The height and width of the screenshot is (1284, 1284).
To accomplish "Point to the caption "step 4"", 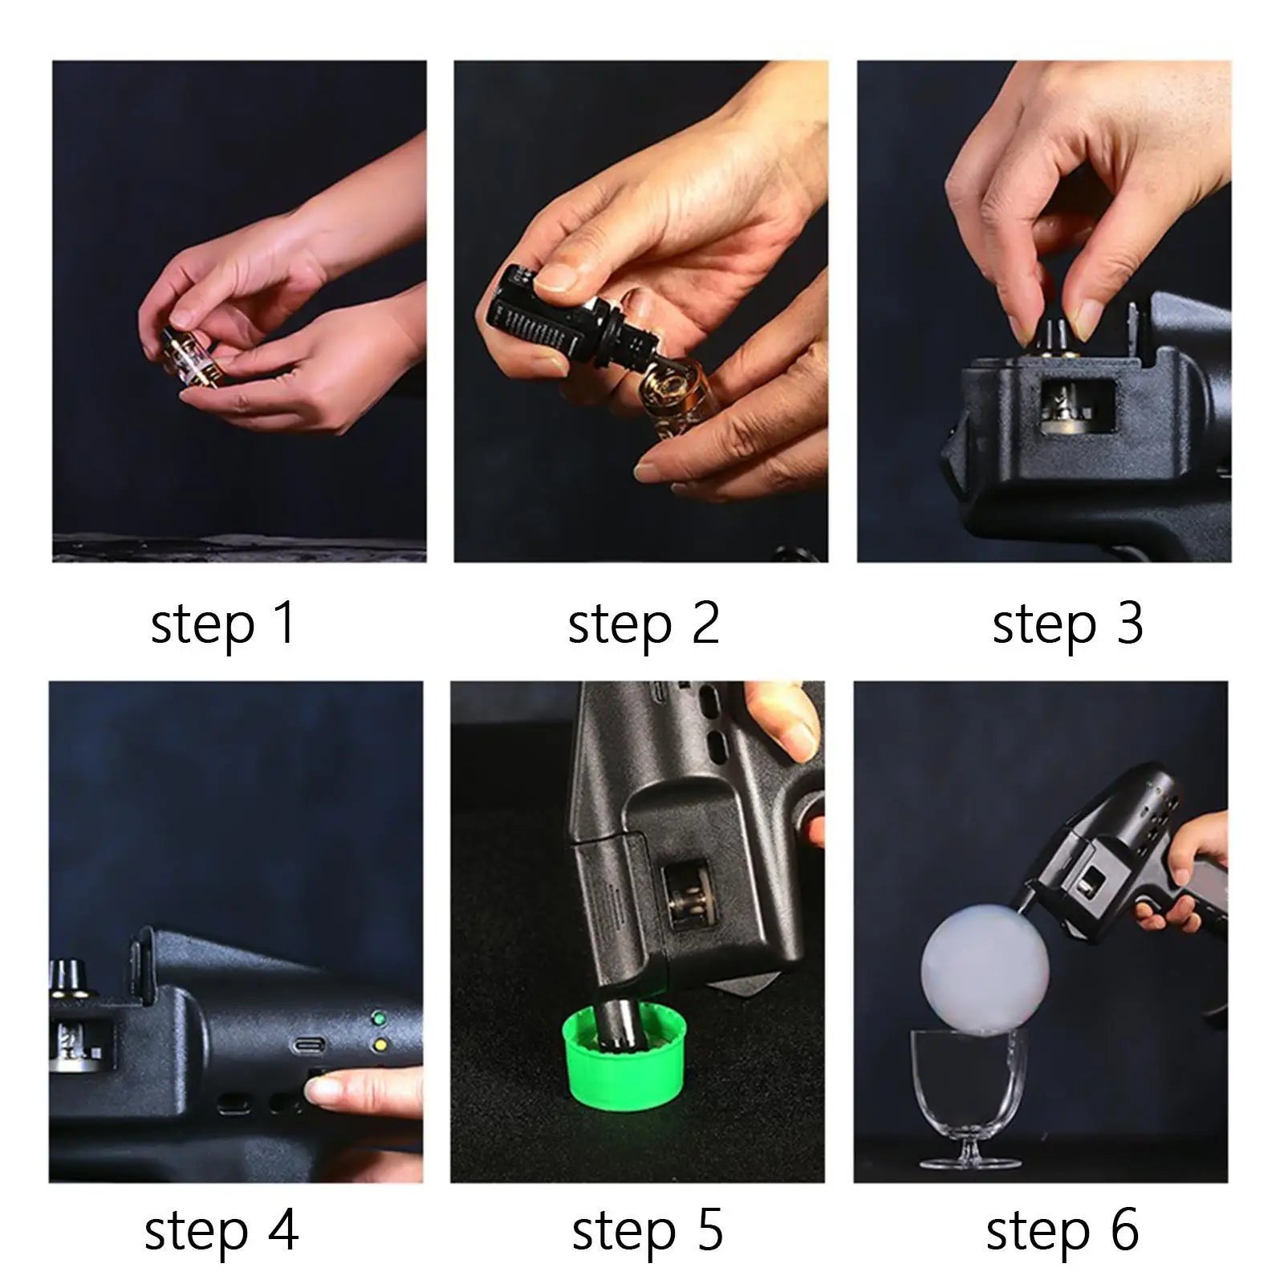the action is tap(221, 1230).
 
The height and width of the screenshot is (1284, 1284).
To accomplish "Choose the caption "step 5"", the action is tap(647, 1230).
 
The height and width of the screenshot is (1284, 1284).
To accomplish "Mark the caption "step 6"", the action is tap(1063, 1230).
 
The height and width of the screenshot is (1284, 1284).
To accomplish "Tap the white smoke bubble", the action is tap(984, 970).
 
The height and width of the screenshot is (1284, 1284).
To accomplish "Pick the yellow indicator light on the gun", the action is tap(379, 1045).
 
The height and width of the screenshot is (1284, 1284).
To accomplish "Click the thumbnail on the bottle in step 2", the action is tap(558, 278).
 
